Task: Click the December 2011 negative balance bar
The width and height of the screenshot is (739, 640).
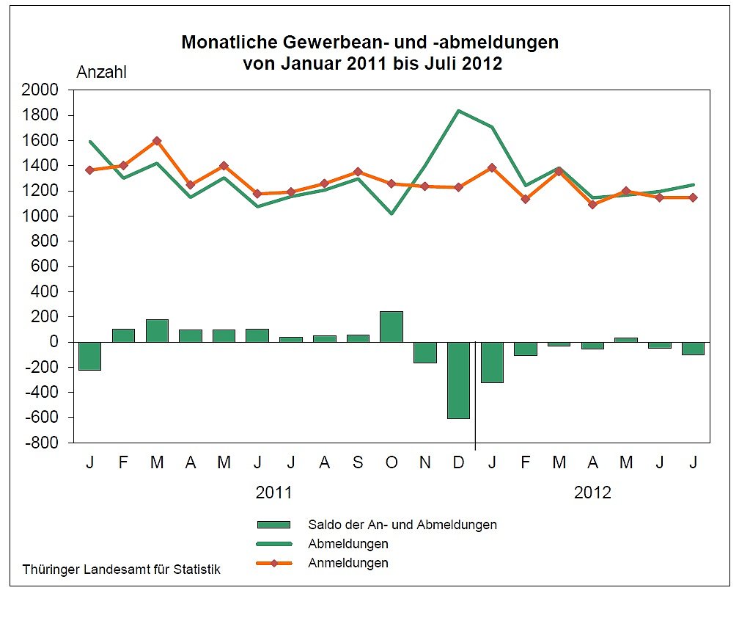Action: tap(458, 380)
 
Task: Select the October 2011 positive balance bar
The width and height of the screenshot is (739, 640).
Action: tap(391, 327)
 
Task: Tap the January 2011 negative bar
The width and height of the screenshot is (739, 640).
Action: tap(89, 356)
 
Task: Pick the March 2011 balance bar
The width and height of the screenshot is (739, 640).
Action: tap(157, 331)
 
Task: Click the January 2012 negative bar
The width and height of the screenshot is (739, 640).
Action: tap(492, 362)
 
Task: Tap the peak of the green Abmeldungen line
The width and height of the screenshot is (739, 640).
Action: tap(458, 111)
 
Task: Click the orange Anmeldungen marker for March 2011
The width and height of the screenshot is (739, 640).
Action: tap(157, 141)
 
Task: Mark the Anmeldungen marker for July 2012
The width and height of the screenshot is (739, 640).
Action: tap(693, 197)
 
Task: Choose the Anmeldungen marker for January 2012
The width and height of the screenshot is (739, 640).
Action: tap(492, 167)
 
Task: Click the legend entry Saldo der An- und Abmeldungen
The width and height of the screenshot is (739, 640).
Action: tap(402, 525)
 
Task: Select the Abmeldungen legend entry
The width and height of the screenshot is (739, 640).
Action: tap(348, 544)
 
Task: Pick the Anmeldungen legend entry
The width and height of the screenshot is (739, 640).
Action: tap(348, 563)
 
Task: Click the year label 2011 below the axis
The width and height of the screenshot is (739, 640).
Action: tap(273, 492)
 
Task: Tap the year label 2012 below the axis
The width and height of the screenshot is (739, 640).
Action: tap(592, 492)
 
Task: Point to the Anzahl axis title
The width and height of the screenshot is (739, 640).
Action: tap(102, 72)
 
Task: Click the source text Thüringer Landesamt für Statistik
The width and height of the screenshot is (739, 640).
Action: tap(121, 569)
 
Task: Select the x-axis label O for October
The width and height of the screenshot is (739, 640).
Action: tap(391, 463)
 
